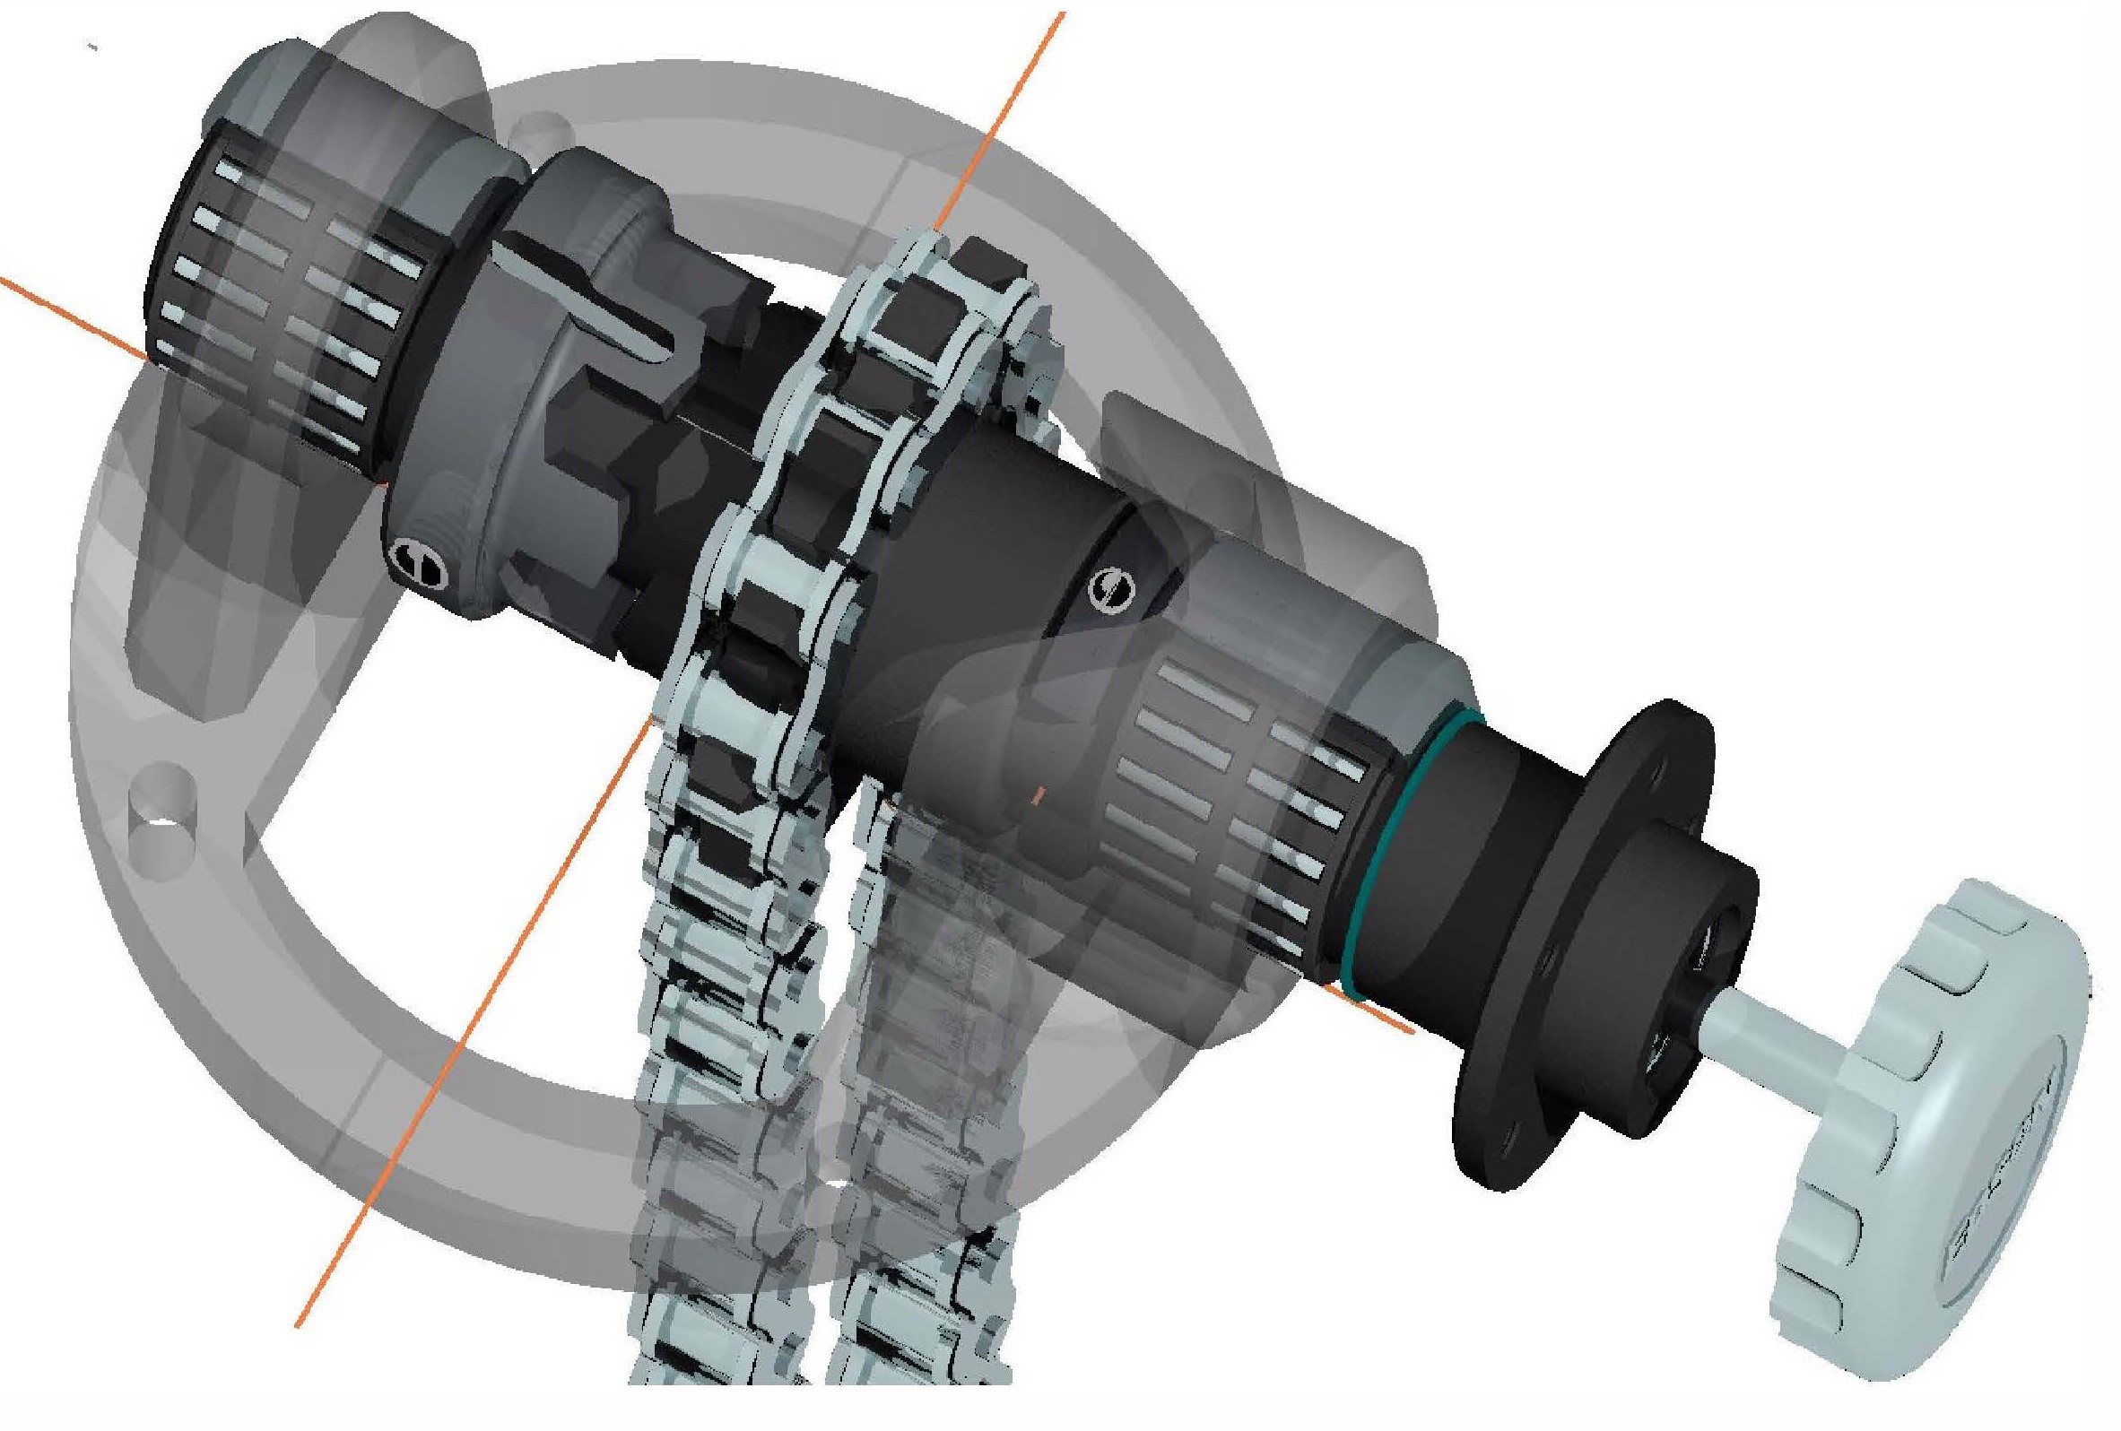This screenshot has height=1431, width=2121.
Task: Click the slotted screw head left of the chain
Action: [x=420, y=559]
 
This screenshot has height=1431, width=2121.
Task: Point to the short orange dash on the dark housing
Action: [x=1037, y=796]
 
